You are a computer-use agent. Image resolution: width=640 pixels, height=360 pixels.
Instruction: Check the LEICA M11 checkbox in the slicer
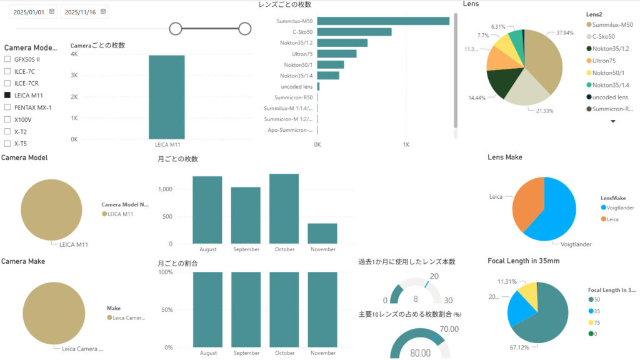click(7, 96)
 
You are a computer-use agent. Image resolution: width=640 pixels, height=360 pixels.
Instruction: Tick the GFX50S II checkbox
click(7, 59)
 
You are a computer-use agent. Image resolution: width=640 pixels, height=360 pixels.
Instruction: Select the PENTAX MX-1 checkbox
click(7, 107)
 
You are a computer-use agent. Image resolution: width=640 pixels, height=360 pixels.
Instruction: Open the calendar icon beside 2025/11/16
click(104, 11)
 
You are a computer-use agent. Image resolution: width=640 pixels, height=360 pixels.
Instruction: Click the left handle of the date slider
click(176, 28)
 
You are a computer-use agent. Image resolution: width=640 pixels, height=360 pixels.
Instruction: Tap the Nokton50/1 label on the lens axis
click(298, 64)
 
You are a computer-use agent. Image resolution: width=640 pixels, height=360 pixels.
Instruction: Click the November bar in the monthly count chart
click(322, 233)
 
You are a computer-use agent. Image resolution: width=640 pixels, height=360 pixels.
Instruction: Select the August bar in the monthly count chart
click(207, 210)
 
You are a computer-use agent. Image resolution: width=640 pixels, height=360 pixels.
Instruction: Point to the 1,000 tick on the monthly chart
click(171, 189)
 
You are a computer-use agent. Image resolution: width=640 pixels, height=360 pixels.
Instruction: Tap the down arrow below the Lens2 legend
click(612, 121)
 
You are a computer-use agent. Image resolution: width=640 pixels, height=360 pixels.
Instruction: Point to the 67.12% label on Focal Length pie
click(502, 347)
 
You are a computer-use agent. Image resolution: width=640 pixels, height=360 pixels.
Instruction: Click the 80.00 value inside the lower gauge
click(420, 353)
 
